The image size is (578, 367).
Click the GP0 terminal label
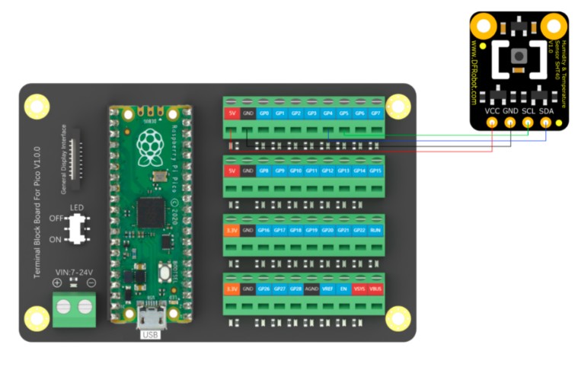263,113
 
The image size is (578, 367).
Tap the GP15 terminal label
375,171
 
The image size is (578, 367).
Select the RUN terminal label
375,230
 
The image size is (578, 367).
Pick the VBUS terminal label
375,289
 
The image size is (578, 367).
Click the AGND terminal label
311,289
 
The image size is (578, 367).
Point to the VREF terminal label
327,289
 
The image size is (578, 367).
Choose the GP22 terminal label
359,230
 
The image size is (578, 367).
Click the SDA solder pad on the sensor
546,123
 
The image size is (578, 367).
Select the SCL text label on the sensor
529,111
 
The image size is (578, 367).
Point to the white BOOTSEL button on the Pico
164,273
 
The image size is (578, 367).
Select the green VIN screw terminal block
74,308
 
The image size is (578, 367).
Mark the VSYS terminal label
359,289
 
